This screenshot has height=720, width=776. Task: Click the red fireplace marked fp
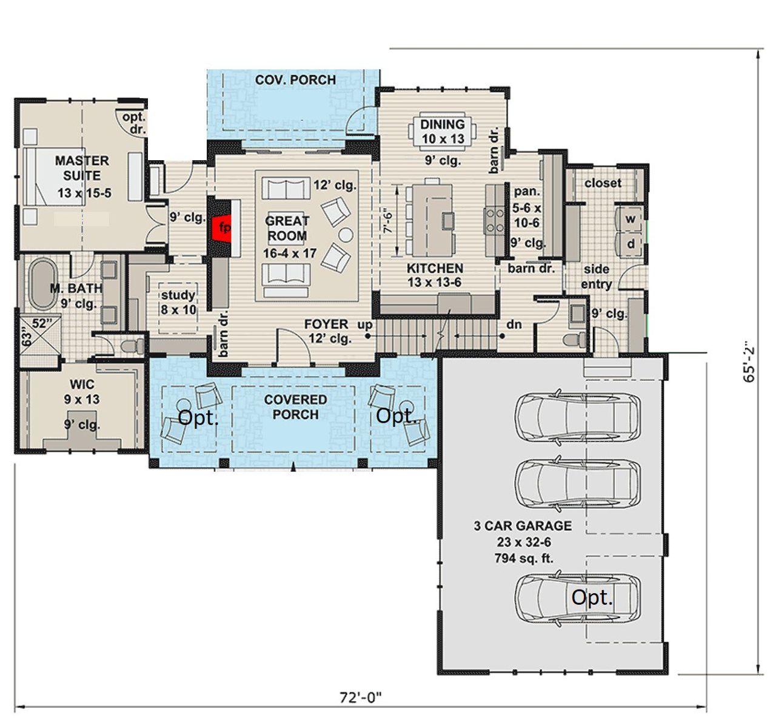pos(224,228)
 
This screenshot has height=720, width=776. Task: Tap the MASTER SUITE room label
pos(82,169)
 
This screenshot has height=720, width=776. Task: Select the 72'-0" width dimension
pos(360,697)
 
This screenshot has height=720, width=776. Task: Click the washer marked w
pos(630,219)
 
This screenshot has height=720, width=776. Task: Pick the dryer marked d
pos(630,244)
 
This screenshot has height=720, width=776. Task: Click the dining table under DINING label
pos(443,132)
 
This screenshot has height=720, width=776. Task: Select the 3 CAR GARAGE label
pos(523,526)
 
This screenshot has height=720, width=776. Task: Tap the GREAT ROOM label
pos(287,229)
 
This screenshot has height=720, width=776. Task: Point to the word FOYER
pos(326,325)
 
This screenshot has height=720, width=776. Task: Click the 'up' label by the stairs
pos(365,325)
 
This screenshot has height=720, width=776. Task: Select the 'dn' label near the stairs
pos(514,325)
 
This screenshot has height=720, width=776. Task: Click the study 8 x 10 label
pos(178,302)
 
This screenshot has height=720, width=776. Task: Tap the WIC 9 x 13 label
pos(82,392)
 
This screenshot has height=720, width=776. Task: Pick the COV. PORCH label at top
pos(295,80)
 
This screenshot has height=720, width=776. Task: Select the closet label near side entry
pos(603,183)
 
